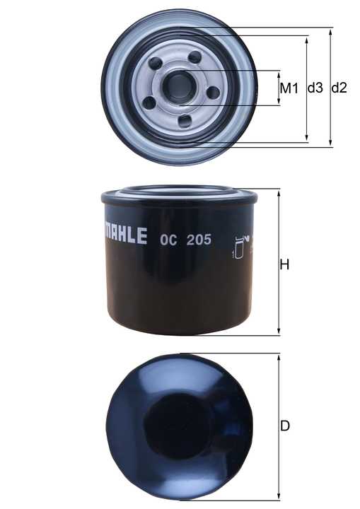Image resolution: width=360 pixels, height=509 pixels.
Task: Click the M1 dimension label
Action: pos(289,88)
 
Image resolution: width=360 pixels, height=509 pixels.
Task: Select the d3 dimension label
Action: pos(315,88)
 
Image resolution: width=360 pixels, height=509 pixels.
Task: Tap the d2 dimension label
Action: pos(339,88)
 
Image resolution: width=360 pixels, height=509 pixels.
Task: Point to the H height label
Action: pos(284,265)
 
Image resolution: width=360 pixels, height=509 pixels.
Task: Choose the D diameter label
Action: pos(284,426)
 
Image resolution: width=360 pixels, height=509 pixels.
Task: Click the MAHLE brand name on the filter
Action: pos(125,235)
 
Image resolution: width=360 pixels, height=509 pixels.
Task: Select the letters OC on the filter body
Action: pos(168,240)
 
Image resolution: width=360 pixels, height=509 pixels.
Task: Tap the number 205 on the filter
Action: pos(199,240)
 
